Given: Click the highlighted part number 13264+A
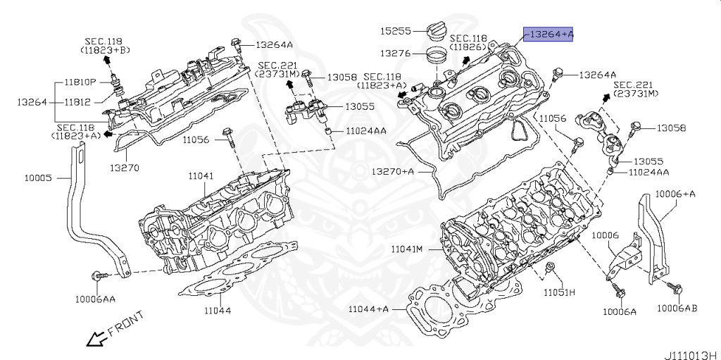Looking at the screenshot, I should pyautogui.click(x=548, y=34).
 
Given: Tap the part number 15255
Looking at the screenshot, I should pyautogui.click(x=396, y=32).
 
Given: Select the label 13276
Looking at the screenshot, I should pyautogui.click(x=396, y=54).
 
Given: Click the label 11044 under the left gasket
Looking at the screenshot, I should pyautogui.click(x=218, y=309).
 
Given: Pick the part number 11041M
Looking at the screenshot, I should pyautogui.click(x=406, y=249).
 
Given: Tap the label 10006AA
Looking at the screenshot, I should pyautogui.click(x=95, y=299).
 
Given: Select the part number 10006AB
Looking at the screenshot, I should pyautogui.click(x=677, y=307).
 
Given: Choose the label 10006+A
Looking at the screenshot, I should pyautogui.click(x=675, y=193).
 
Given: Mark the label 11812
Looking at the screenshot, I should pyautogui.click(x=77, y=102).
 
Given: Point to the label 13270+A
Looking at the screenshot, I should pyautogui.click(x=393, y=171).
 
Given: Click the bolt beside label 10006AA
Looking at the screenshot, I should pyautogui.click(x=103, y=274).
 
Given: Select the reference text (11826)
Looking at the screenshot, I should pyautogui.click(x=468, y=46).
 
